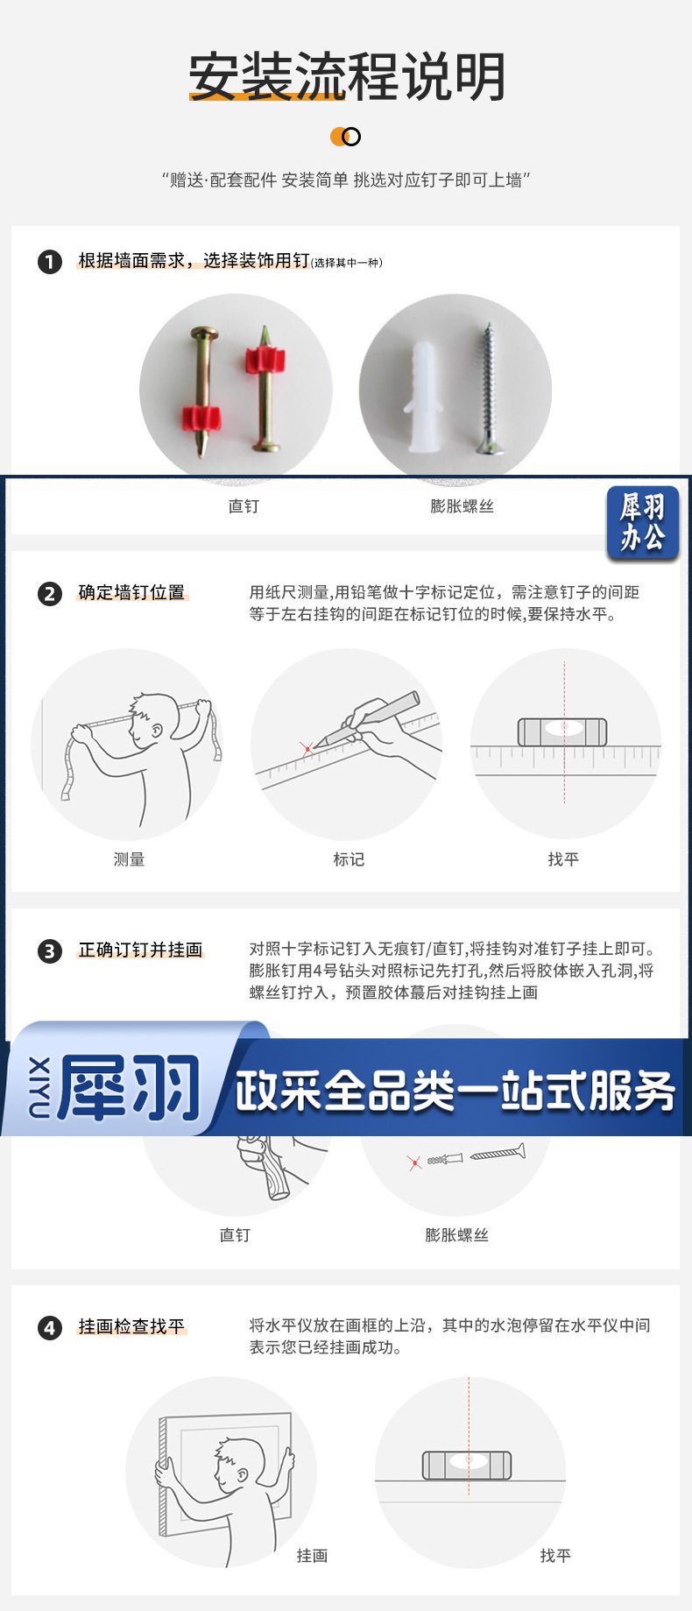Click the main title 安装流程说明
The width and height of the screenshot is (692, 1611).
click(x=347, y=76)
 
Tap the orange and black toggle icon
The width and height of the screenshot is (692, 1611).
click(x=345, y=137)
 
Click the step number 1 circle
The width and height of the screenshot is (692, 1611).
click(x=50, y=261)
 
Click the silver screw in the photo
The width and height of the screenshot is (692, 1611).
click(x=488, y=389)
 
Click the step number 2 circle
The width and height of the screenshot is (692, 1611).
click(x=50, y=593)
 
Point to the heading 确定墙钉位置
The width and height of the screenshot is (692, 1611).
click(x=132, y=592)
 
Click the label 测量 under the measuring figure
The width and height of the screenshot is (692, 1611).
click(x=129, y=859)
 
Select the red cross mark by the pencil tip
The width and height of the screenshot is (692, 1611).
click(x=307, y=749)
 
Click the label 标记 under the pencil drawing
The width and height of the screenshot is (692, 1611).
click(x=349, y=859)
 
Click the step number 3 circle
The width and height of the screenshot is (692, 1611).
click(x=50, y=950)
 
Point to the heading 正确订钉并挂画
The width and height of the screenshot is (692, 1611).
click(x=141, y=950)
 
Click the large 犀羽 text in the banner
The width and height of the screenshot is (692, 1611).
click(x=130, y=1087)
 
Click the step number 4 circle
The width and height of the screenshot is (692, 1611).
click(x=50, y=1327)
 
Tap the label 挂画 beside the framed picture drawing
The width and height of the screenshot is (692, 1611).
click(x=312, y=1555)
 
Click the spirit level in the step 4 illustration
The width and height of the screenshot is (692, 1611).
click(x=467, y=1465)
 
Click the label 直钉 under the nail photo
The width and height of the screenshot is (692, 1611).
click(x=244, y=505)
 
